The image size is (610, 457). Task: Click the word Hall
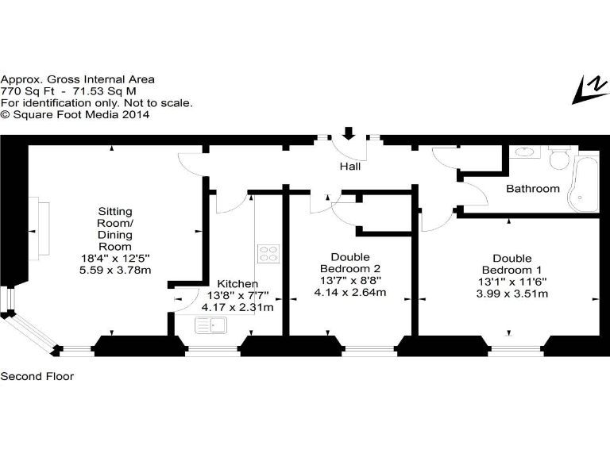pos(349,167)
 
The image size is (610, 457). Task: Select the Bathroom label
pos(533,189)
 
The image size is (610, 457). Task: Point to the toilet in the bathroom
pos(558,158)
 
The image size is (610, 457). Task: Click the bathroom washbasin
pos(523,152)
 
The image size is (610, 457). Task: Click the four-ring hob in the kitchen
pos(268,254)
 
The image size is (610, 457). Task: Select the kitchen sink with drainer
pos(212,324)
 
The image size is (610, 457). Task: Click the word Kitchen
pos(237,283)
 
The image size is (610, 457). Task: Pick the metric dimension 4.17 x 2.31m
pos(237,307)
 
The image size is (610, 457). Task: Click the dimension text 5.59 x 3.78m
pos(115,270)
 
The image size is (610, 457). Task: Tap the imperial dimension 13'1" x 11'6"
pos(512,282)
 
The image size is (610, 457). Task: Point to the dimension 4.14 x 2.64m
pos(350,292)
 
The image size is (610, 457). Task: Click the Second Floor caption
pos(37,376)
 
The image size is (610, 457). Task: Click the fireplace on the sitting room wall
pos(40,226)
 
